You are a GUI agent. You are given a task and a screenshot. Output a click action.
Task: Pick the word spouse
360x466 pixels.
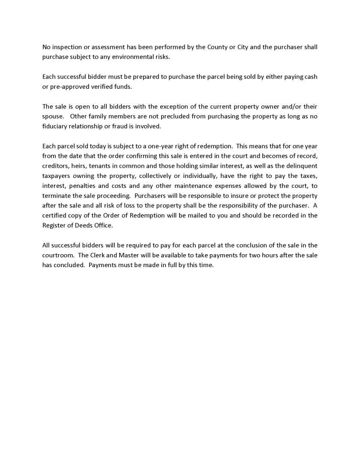coord(53,116)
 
